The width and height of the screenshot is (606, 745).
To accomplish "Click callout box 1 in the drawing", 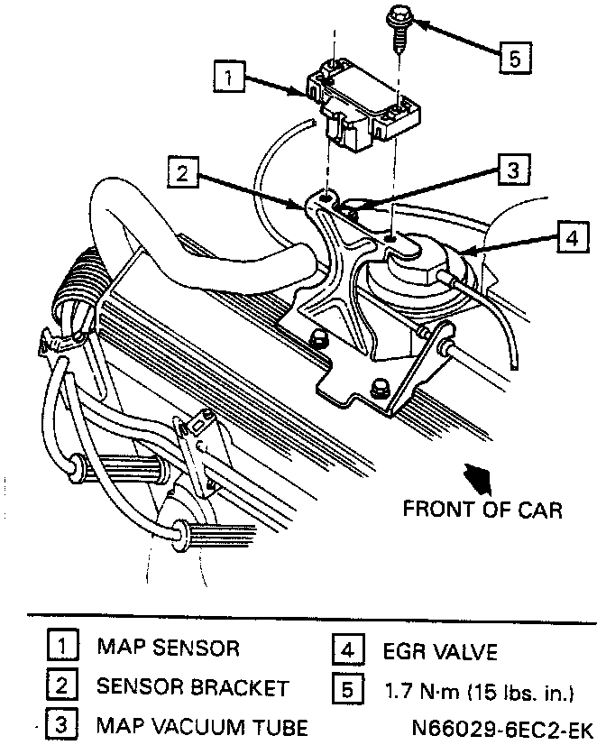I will point(232,77).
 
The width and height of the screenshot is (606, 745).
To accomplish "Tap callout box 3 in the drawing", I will point(510,170).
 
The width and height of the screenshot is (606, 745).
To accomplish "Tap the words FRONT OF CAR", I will point(482,510).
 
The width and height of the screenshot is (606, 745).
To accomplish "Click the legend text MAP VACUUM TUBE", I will point(202,726).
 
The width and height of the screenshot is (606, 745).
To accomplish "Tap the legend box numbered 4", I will point(350,649).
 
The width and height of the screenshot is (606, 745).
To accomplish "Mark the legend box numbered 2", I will point(61,686).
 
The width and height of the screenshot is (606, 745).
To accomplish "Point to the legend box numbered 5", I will point(350,688).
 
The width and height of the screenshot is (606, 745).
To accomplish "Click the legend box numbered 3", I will point(61,726).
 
